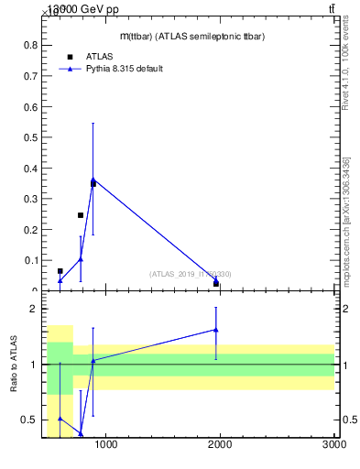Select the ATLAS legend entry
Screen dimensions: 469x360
tap(99, 57)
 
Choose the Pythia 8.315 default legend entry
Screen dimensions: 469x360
tap(125, 69)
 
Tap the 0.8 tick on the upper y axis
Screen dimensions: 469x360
tap(31, 45)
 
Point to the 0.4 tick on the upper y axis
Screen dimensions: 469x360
tap(31, 168)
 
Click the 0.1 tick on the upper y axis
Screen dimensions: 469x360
tap(31, 260)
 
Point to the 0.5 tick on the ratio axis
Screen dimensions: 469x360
tap(29, 420)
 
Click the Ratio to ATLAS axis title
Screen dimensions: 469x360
tap(14, 365)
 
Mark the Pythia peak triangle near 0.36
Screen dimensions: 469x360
tap(93, 180)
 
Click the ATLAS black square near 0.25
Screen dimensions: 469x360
tap(81, 215)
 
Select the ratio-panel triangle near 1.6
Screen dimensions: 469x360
tap(216, 330)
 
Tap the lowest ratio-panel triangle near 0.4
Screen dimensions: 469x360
tap(81, 433)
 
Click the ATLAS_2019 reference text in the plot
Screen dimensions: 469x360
tap(191, 274)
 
